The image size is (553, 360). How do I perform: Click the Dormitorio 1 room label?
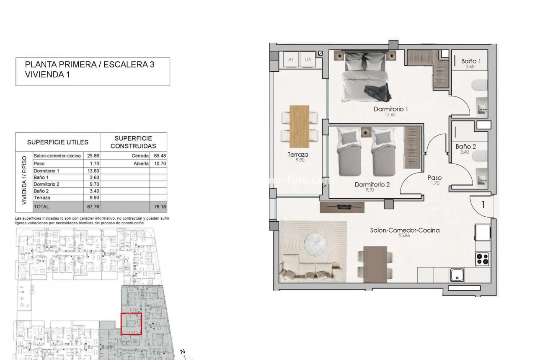[390, 109]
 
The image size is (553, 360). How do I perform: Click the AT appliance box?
[291, 60]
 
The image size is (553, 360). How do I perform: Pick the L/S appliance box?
[308, 60]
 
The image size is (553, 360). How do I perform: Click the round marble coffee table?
[313, 242]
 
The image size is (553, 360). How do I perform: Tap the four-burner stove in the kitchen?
[483, 259]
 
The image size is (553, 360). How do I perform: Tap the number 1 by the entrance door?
[483, 205]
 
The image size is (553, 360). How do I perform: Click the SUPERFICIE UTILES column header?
[58, 142]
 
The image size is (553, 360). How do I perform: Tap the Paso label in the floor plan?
[434, 178]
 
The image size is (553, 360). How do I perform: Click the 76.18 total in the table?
[158, 207]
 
